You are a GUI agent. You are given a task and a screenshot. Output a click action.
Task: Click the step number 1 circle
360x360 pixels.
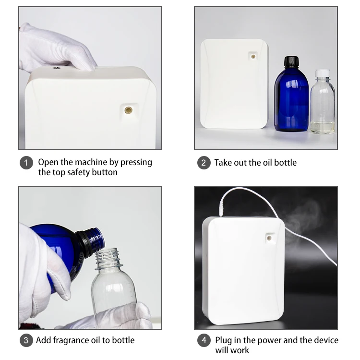coord(26,163)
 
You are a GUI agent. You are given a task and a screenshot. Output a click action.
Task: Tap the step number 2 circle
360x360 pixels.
coord(204,163)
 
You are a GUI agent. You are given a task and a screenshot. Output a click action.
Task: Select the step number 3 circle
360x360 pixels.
coord(26,340)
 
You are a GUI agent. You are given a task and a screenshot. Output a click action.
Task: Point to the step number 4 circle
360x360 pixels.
coord(204,340)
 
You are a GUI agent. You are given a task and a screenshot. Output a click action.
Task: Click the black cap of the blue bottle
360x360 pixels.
coord(291,62)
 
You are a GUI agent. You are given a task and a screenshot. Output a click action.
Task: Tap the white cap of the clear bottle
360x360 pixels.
coord(323,74)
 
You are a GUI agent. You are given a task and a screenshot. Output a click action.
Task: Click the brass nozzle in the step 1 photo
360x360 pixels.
coord(128,110)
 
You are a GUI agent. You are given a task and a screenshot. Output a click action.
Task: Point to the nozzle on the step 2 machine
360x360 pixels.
coord(252,56)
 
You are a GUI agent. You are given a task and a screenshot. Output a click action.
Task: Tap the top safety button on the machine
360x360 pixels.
coord(57,69)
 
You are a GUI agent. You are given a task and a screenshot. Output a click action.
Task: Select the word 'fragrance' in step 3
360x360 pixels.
coord(70,340)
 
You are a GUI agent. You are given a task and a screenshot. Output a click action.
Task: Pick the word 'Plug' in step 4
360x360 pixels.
coord(224,340)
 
